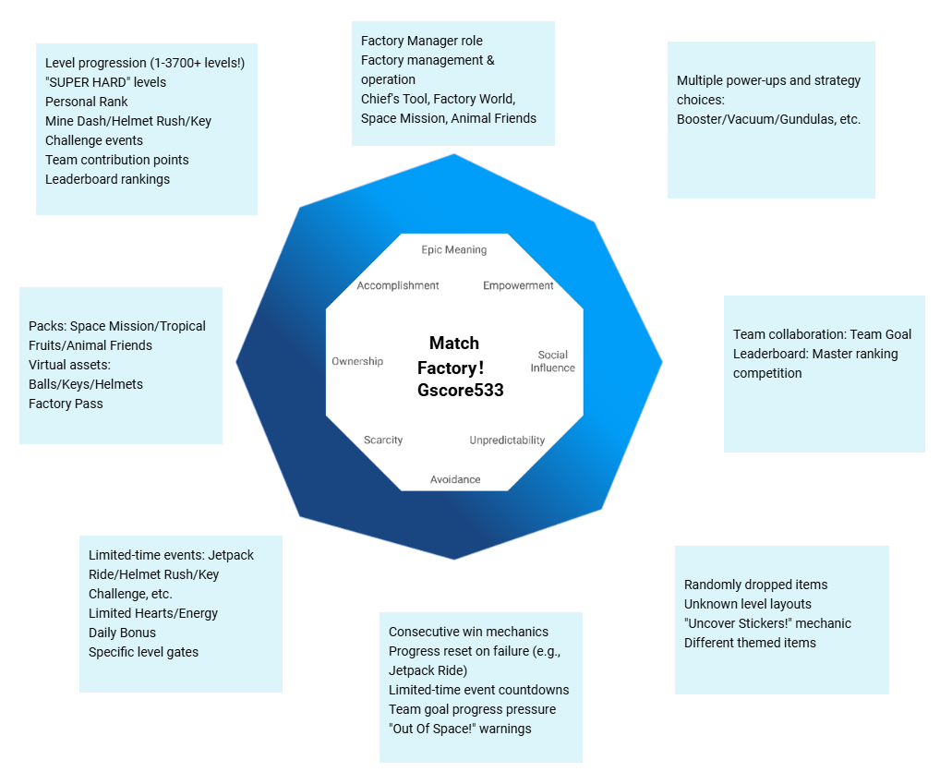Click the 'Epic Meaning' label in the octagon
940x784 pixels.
click(453, 250)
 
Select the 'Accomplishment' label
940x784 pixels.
click(398, 286)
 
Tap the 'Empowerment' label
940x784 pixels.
click(518, 286)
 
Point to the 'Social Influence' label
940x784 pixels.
click(552, 361)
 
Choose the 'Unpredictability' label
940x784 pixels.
click(507, 440)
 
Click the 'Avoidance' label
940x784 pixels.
click(455, 480)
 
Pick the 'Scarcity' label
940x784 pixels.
click(383, 440)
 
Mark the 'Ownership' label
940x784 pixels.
click(357, 361)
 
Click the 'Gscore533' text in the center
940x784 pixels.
click(461, 390)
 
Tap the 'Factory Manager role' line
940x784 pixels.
click(421, 41)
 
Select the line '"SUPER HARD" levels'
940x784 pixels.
click(105, 82)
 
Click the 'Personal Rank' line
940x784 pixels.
click(87, 102)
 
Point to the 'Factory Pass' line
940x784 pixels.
click(66, 404)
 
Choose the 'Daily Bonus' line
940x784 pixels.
click(122, 633)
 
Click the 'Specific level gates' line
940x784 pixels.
click(143, 652)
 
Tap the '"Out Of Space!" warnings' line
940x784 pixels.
click(460, 729)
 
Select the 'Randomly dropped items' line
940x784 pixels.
click(755, 585)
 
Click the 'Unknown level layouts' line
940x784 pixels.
click(748, 604)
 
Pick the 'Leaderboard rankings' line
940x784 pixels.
click(107, 179)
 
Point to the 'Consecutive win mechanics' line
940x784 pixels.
click(468, 632)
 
